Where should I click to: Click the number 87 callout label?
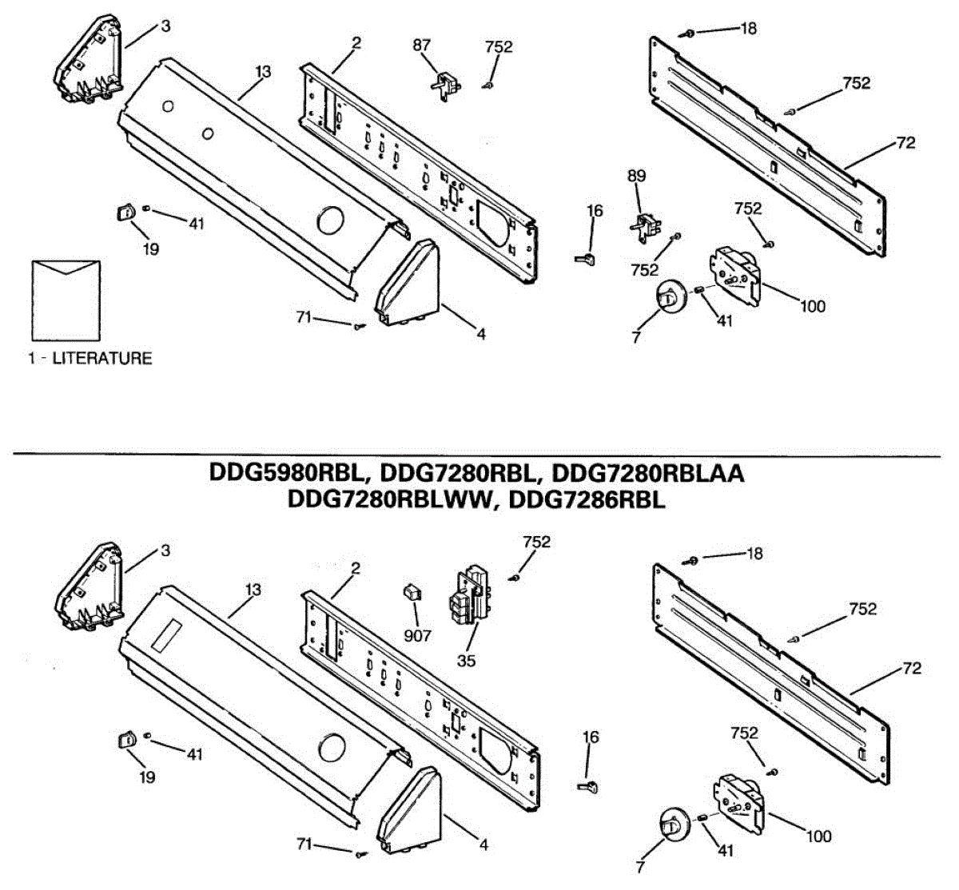pos(421,46)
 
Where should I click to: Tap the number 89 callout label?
pos(636,176)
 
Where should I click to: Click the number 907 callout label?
pos(417,635)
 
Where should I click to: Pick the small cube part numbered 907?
pos(412,593)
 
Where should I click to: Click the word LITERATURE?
pos(101,358)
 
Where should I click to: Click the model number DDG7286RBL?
pos(587,500)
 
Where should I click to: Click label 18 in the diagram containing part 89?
pos(748,29)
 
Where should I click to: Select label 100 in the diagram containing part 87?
pos(812,306)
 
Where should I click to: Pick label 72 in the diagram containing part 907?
pos(912,668)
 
